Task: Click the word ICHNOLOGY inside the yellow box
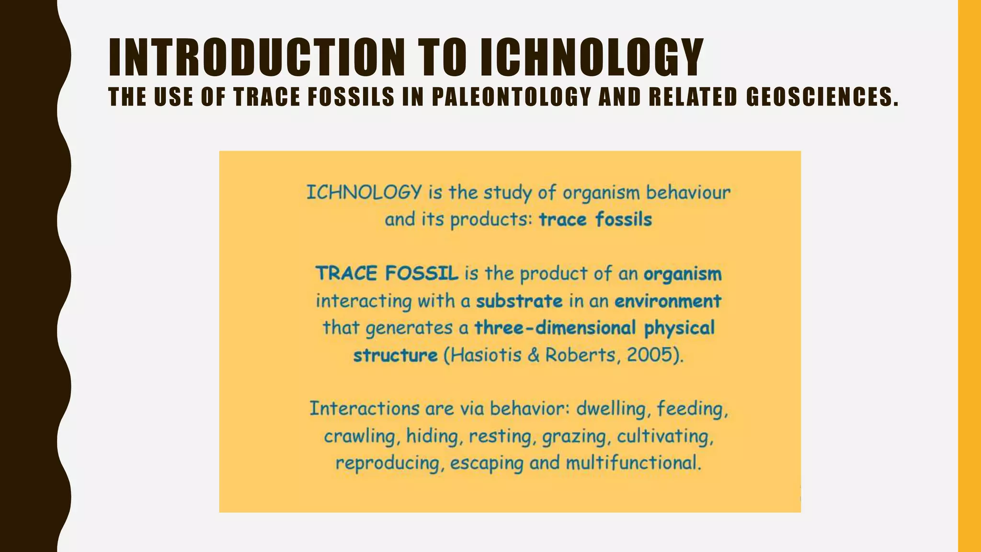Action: tap(364, 193)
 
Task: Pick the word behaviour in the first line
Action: tap(688, 193)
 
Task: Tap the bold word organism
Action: tap(682, 274)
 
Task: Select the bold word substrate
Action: tap(519, 301)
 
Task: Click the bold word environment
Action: tap(668, 301)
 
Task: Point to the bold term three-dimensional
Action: tap(555, 328)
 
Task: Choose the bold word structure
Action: tap(395, 356)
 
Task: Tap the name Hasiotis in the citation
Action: tap(486, 355)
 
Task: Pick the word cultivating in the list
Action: tap(665, 437)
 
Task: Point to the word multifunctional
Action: tap(633, 463)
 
